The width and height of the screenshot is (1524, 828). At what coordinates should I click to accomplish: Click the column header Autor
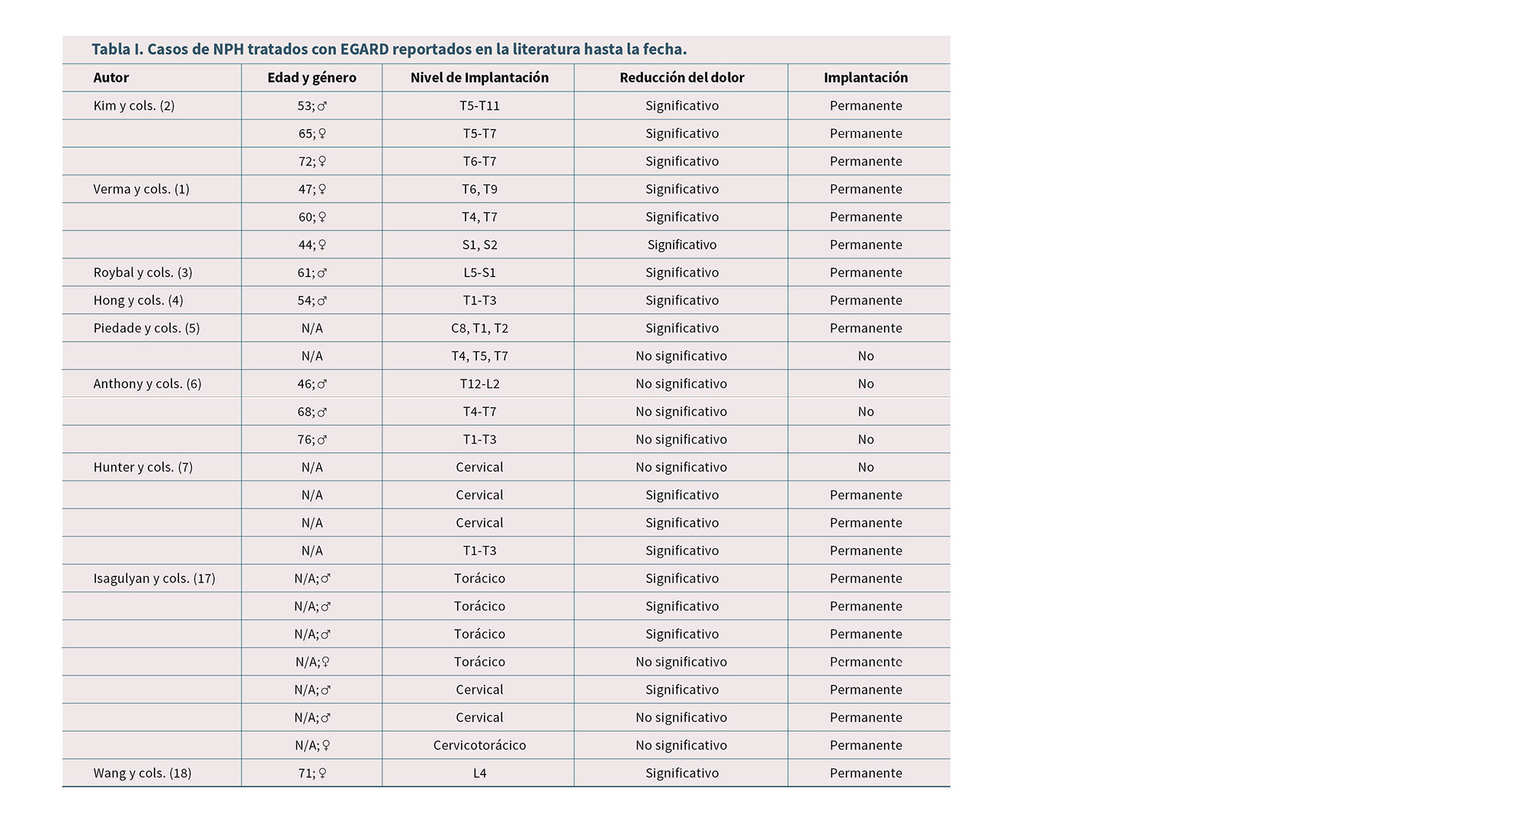[111, 78]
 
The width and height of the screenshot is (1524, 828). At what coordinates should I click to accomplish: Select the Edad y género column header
[312, 78]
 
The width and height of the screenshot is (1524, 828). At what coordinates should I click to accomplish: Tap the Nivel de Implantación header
[479, 78]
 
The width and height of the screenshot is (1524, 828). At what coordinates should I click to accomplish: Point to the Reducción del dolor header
[681, 78]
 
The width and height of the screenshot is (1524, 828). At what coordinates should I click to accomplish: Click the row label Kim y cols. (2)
[134, 106]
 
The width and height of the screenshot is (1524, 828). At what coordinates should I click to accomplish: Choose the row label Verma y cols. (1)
[141, 189]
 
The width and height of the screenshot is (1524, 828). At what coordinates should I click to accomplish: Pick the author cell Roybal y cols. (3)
[142, 272]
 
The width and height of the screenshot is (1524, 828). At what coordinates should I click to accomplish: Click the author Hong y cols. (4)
[138, 300]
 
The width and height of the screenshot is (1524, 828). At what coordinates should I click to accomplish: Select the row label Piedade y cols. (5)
[146, 328]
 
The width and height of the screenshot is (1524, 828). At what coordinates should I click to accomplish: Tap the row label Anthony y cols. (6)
[147, 384]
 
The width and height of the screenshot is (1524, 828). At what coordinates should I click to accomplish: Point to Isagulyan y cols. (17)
[154, 578]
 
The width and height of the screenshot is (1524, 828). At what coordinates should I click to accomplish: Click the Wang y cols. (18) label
[142, 773]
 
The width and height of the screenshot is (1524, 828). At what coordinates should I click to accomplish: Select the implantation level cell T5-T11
[479, 106]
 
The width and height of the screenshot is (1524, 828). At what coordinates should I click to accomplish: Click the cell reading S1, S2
[479, 245]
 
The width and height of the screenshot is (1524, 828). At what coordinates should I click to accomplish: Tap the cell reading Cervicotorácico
[479, 745]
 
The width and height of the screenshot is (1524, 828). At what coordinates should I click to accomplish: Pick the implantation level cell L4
[479, 773]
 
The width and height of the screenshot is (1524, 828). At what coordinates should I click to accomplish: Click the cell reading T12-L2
[479, 384]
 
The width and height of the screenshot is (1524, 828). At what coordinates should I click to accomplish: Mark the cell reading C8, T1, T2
[479, 328]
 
